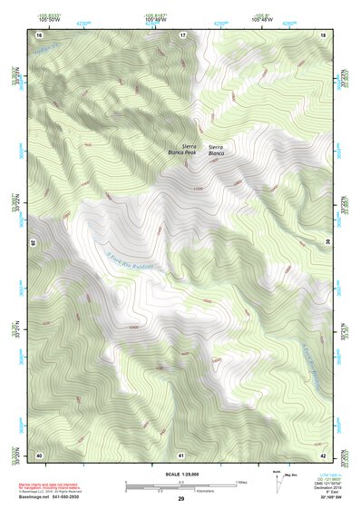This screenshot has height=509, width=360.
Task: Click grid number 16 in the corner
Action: (x=39, y=34)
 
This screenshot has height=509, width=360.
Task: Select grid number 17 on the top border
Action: (x=182, y=34)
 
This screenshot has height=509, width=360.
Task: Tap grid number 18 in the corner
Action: (x=324, y=34)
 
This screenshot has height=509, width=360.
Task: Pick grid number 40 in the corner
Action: (x=39, y=455)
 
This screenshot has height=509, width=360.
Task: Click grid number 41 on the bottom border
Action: (x=181, y=455)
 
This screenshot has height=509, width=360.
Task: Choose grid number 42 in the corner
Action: (x=324, y=455)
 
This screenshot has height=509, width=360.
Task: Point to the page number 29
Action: (x=180, y=499)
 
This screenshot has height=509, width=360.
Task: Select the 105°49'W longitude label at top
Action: (x=158, y=19)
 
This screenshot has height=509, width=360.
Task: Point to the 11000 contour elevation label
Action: (x=198, y=188)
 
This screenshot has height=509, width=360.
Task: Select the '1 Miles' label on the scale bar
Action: (x=241, y=482)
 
